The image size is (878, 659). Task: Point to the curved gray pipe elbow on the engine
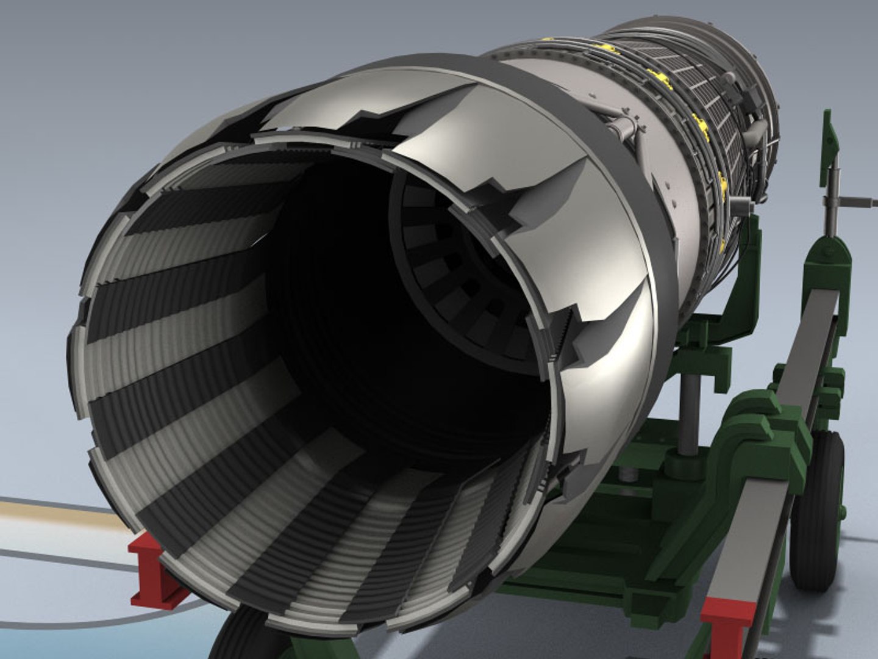tap(756, 131)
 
